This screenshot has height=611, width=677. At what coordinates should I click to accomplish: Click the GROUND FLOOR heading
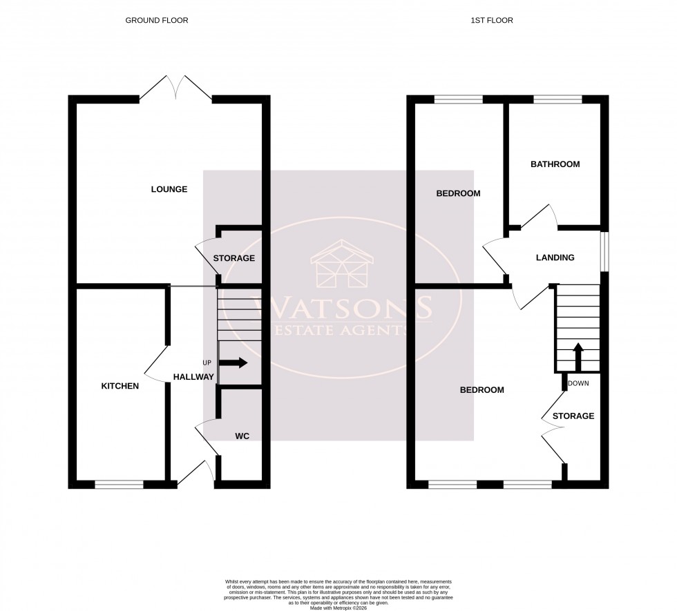(x=156, y=21)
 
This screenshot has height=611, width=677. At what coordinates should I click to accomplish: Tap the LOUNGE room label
(x=169, y=189)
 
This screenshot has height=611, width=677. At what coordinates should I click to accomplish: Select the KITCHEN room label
(x=120, y=386)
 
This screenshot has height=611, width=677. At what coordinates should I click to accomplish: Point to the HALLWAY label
(x=193, y=377)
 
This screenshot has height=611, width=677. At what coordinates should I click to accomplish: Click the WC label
(x=242, y=436)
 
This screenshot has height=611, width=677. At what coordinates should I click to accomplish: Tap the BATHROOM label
(x=555, y=164)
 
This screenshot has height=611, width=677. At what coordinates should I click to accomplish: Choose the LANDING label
(x=555, y=258)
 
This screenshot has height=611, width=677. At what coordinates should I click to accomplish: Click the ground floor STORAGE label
(x=233, y=258)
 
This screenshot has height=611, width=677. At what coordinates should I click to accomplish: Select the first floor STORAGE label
(x=573, y=416)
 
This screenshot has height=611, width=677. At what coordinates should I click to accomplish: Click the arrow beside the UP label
(x=236, y=363)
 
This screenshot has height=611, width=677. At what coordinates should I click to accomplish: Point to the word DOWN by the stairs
(x=578, y=383)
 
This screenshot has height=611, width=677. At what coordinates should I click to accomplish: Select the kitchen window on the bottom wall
(x=119, y=485)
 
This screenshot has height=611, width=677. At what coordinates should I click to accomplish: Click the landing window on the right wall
(x=604, y=251)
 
